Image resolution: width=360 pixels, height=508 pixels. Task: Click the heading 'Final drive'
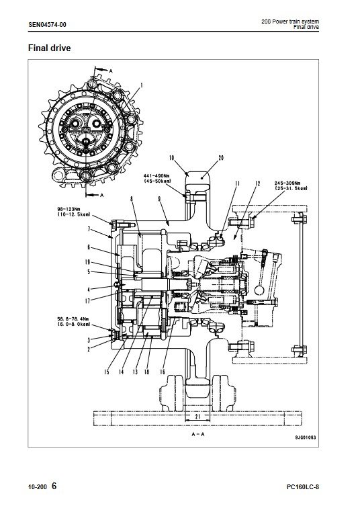click(x=49, y=48)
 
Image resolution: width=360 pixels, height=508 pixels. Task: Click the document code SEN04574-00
click(x=47, y=25)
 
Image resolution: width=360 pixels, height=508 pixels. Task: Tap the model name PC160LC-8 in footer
click(x=303, y=487)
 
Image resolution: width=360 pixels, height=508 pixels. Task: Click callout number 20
click(x=221, y=158)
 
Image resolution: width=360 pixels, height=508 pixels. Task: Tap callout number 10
click(x=171, y=158)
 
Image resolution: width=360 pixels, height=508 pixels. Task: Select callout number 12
click(x=257, y=183)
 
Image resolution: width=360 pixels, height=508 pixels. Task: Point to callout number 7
click(x=89, y=229)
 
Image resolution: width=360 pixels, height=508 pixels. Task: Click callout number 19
click(x=88, y=262)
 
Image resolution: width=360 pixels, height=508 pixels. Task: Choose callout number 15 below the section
click(x=107, y=372)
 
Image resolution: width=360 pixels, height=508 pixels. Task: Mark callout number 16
click(x=162, y=372)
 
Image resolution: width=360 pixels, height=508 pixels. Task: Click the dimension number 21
click(x=197, y=417)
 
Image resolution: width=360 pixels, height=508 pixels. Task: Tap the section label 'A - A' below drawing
click(x=198, y=434)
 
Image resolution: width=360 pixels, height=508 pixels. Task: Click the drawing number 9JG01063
click(x=306, y=437)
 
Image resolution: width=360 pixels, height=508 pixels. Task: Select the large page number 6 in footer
click(x=54, y=486)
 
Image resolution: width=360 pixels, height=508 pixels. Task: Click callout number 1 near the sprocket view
click(x=141, y=85)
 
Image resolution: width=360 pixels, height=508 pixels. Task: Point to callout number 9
click(x=160, y=199)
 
